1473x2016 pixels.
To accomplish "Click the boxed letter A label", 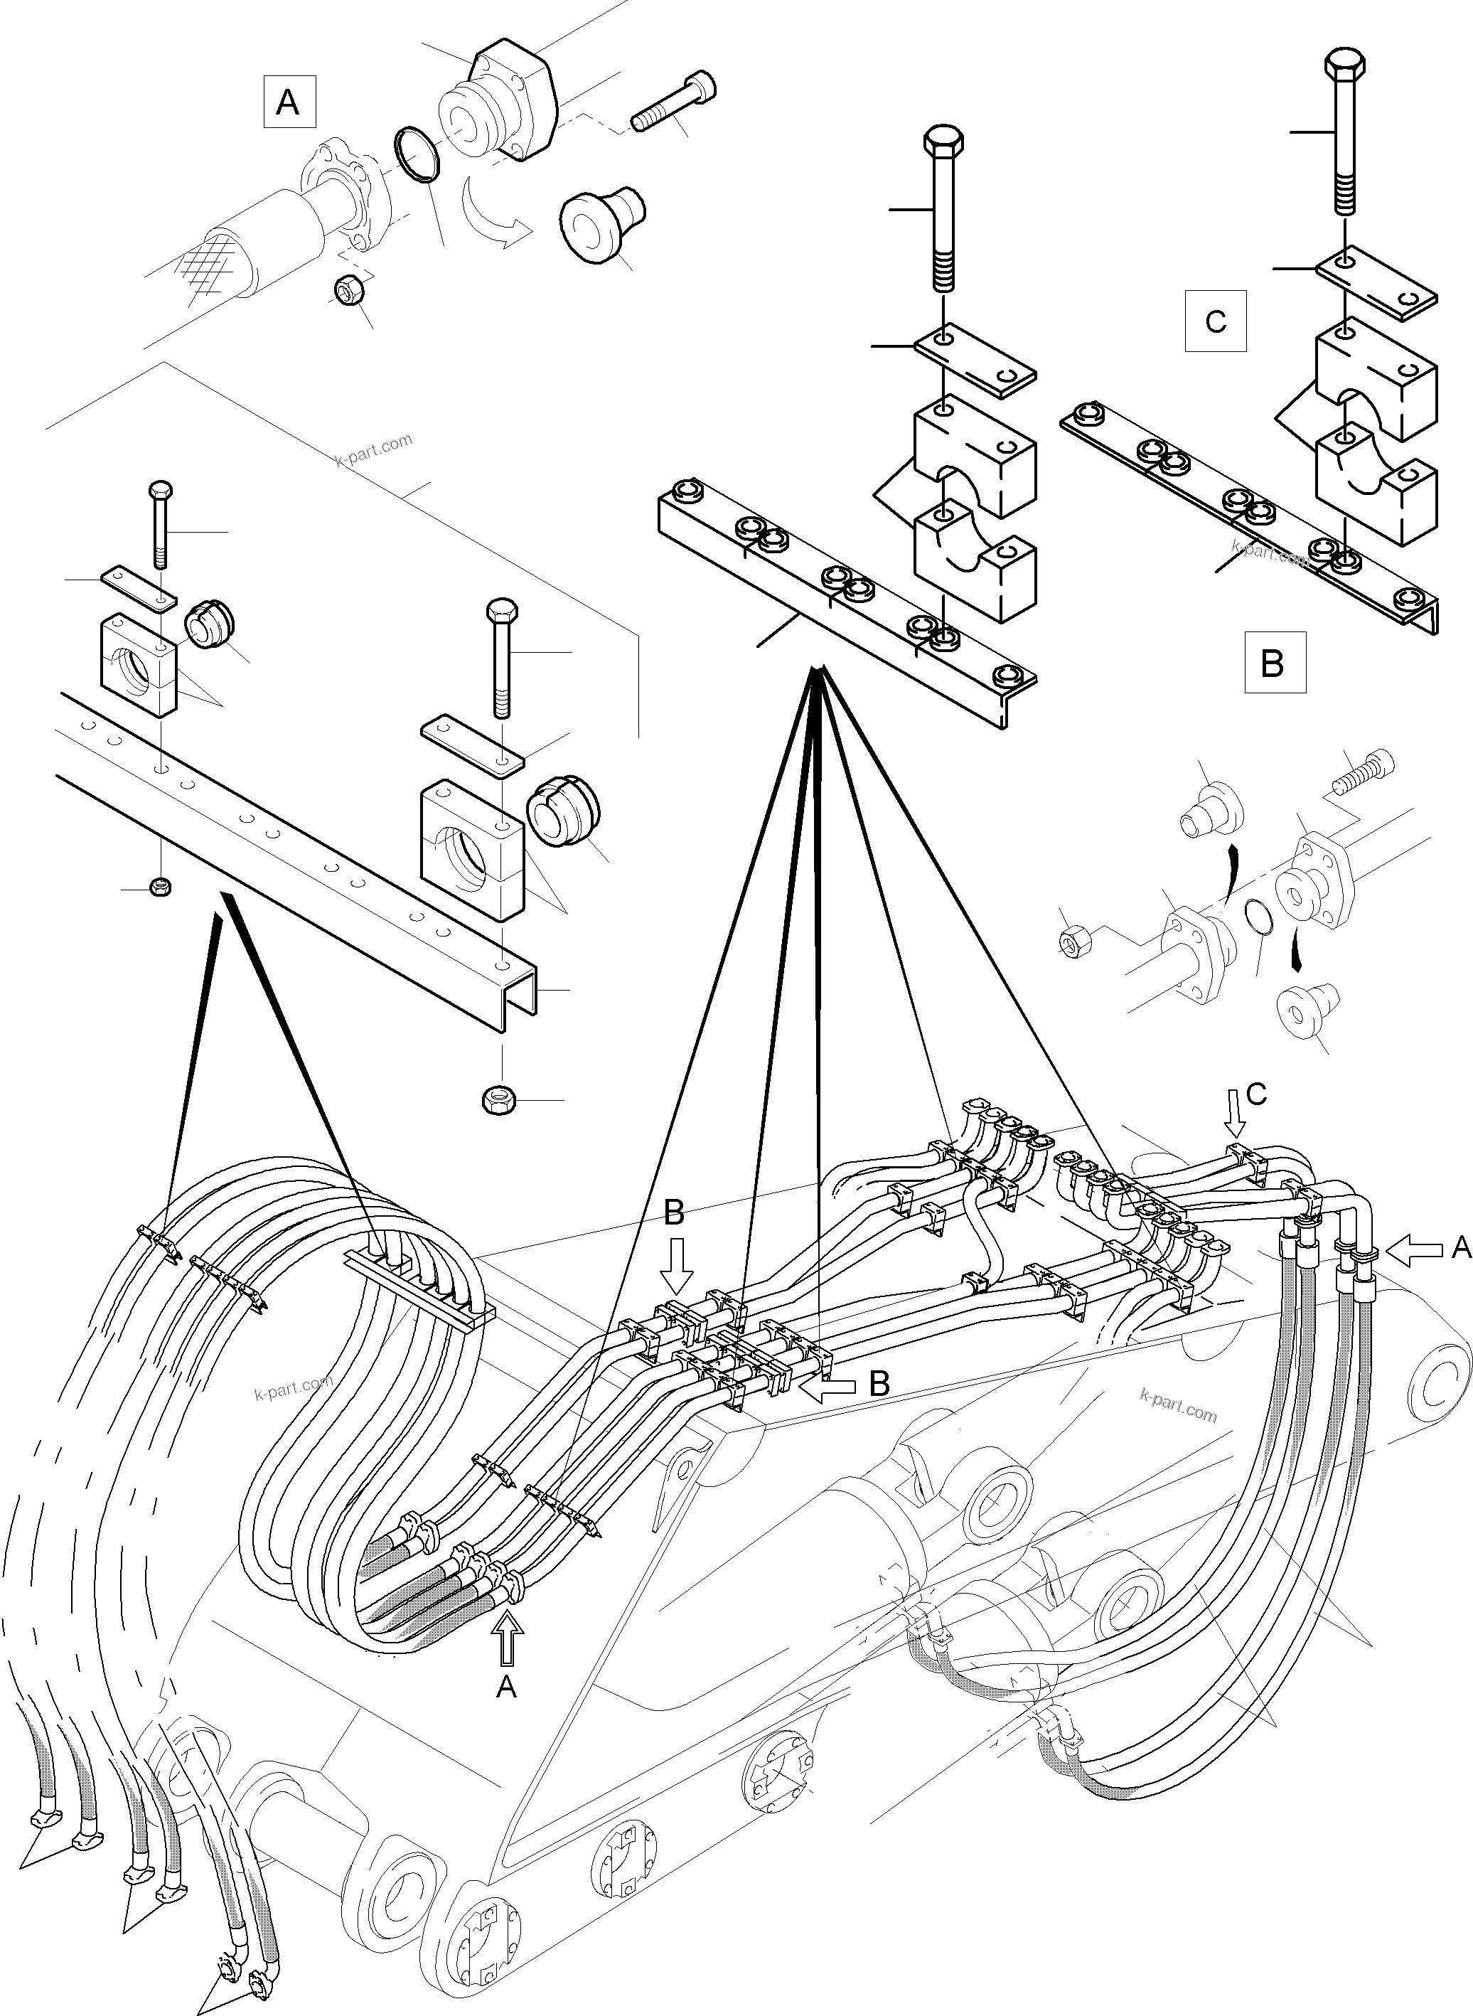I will tap(288, 102).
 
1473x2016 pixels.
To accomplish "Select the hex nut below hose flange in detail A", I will tap(346, 291).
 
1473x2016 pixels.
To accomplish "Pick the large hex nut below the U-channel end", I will tap(496, 1098).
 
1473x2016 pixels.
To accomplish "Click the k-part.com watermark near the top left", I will tap(374, 449).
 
